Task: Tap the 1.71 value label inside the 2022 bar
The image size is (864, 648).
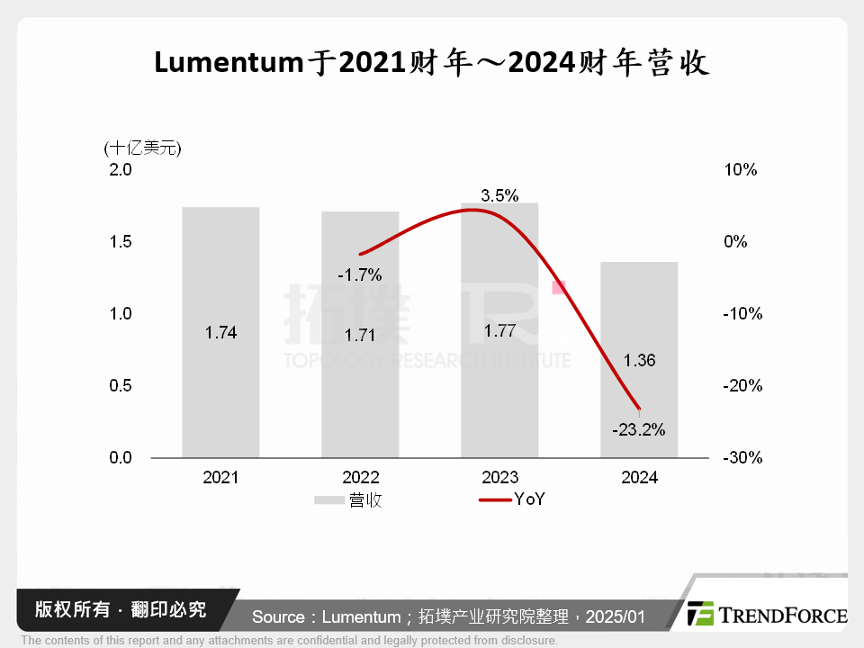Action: [x=360, y=334]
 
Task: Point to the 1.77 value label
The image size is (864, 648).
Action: [x=499, y=330]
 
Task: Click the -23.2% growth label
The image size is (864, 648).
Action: [x=638, y=429]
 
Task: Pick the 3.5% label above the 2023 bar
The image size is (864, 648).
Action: [x=499, y=195]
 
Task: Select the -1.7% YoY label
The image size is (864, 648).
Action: [x=360, y=274]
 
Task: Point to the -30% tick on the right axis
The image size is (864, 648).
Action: [x=742, y=457]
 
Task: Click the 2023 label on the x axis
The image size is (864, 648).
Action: [x=499, y=478]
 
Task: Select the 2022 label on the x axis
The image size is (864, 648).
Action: [x=360, y=478]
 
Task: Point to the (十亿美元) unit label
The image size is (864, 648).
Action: [x=142, y=148]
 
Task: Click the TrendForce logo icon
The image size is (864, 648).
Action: [x=700, y=614]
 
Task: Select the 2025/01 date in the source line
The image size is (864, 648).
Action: [x=616, y=616]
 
